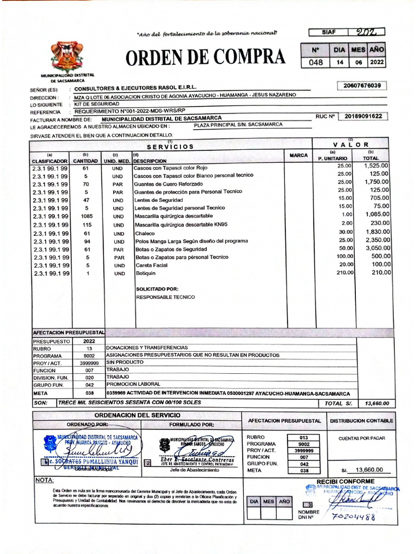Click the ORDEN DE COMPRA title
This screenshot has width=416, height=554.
205,56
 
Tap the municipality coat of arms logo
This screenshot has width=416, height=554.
67,56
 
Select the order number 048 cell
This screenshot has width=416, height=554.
315,62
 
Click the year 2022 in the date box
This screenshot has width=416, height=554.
376,62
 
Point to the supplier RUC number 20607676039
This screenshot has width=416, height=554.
362,85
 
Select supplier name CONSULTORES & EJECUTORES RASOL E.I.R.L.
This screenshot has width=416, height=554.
135,88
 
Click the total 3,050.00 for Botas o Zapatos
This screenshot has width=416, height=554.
377,248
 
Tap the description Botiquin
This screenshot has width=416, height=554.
145,274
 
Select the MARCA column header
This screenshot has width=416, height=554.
298,156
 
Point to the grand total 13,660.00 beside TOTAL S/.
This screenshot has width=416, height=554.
378,404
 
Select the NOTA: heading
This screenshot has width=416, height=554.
44,480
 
